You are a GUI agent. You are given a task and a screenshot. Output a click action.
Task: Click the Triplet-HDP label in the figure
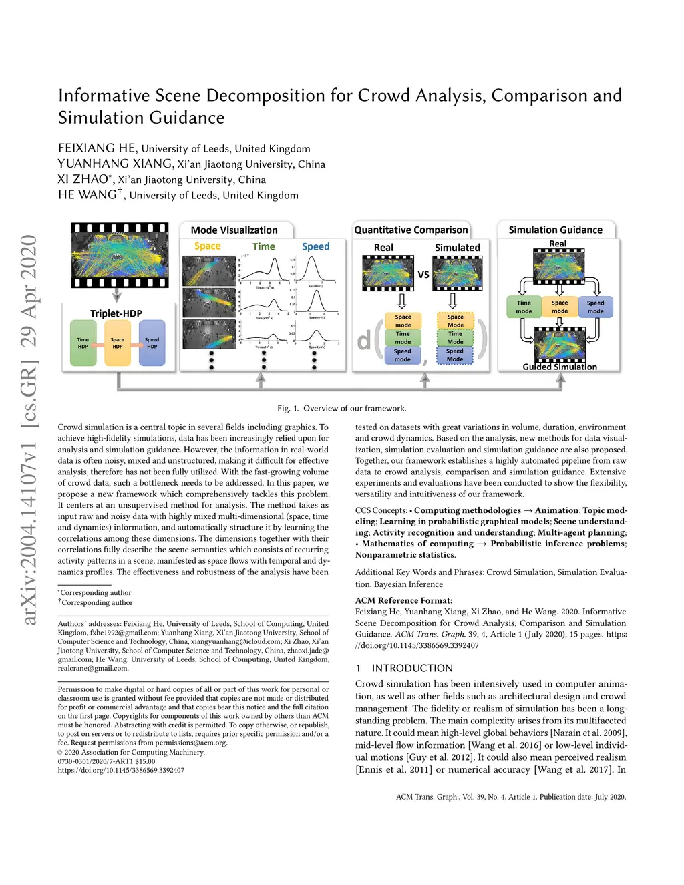(x=116, y=313)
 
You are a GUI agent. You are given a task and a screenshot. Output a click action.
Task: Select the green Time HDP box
(x=83, y=343)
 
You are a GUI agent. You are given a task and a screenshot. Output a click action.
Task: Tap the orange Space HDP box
(x=118, y=343)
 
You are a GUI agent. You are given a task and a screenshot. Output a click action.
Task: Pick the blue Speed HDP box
(x=152, y=343)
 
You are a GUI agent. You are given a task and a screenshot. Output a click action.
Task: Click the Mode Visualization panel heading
(x=234, y=230)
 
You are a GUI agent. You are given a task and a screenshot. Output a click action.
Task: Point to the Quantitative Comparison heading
(x=411, y=230)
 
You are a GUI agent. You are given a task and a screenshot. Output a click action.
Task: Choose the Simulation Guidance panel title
(x=555, y=230)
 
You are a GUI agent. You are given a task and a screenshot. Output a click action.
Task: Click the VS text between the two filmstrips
(x=423, y=275)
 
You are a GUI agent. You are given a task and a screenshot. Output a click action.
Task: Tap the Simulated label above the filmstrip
(x=457, y=248)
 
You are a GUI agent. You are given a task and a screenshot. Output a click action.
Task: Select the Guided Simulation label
(x=560, y=367)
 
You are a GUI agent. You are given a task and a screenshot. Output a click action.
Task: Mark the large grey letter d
(x=363, y=341)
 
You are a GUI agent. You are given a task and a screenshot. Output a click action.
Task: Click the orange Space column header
(x=207, y=246)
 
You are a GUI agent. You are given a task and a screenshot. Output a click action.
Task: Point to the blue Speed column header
(x=315, y=246)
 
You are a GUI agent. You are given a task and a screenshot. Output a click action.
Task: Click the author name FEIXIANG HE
(x=97, y=148)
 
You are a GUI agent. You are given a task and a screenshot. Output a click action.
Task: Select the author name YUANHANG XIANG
(x=115, y=164)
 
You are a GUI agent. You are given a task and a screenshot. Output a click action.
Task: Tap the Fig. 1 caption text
(x=341, y=409)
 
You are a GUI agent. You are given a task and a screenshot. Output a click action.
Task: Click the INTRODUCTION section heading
(x=411, y=668)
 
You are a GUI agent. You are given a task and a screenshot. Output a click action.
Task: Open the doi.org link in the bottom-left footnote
(x=121, y=770)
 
